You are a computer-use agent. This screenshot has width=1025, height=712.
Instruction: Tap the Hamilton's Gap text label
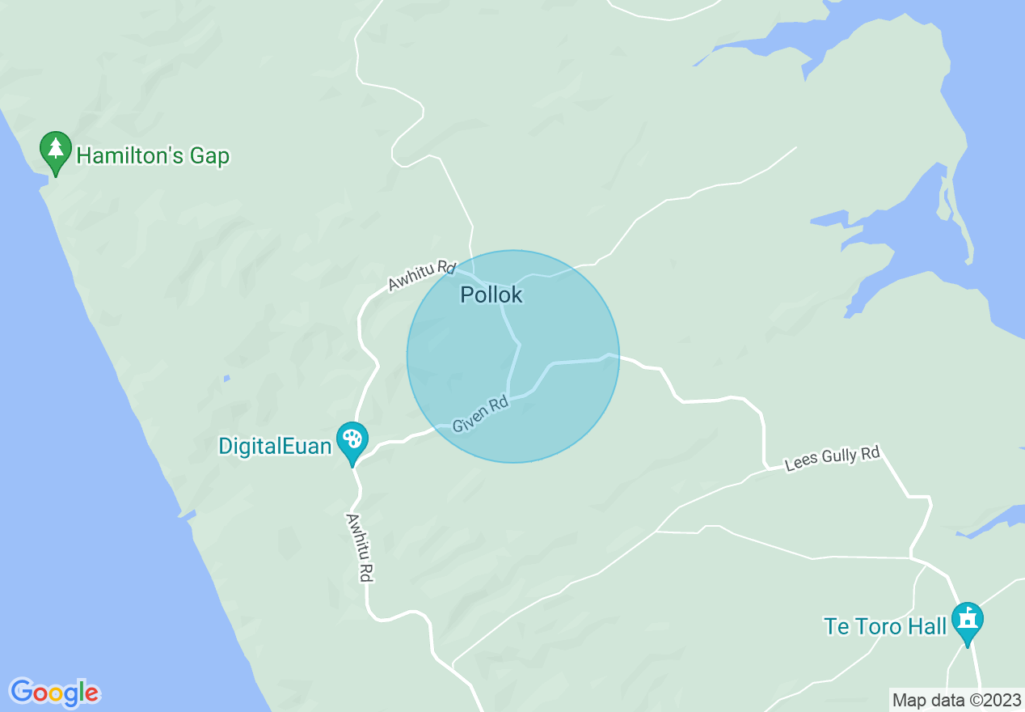pos(153,155)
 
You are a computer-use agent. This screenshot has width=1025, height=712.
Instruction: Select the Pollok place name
pos(491,295)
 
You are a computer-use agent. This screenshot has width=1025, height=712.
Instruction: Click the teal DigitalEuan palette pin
pos(352,441)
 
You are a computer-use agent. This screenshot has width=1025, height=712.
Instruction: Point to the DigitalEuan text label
pos(275,446)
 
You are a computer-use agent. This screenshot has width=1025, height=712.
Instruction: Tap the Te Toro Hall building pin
pos(967,621)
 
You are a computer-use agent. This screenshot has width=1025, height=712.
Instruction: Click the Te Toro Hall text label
pos(884,626)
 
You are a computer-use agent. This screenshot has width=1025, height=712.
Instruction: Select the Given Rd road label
pos(480,413)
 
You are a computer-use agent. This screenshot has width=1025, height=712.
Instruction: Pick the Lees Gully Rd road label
pos(833,459)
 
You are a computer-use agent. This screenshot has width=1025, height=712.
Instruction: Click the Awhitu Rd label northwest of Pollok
pos(422,275)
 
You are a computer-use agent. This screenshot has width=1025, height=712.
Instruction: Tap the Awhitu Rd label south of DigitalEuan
pos(360,547)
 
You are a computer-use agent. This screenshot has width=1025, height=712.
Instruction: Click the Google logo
pos(54,693)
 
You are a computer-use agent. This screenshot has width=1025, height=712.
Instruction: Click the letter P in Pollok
pos(466,295)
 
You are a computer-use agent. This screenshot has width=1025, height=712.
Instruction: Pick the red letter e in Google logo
pos(92,693)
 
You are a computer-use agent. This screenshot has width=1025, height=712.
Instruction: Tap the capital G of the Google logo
pos(21,692)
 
